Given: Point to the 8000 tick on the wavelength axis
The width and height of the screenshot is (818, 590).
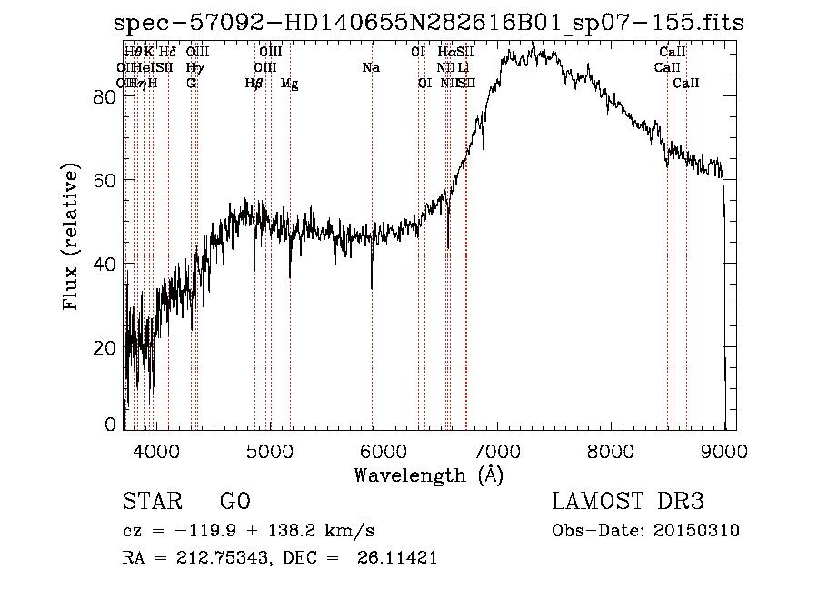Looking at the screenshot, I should [611, 449].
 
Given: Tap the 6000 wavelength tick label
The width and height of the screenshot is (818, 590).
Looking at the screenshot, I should [383, 449].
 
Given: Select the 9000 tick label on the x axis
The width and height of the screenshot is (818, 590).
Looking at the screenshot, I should [724, 449].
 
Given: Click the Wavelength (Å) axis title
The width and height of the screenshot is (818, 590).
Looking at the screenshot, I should [428, 475].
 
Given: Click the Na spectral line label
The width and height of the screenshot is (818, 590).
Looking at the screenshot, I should [371, 68].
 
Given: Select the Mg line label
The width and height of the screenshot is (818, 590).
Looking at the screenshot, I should [289, 84].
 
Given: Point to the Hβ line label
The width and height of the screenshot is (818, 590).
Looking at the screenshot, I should [254, 84].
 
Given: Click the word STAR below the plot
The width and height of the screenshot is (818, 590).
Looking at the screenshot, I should [151, 502].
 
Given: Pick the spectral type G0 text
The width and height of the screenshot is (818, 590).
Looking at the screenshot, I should [234, 502].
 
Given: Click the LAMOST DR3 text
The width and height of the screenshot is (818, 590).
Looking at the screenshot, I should [628, 502].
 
